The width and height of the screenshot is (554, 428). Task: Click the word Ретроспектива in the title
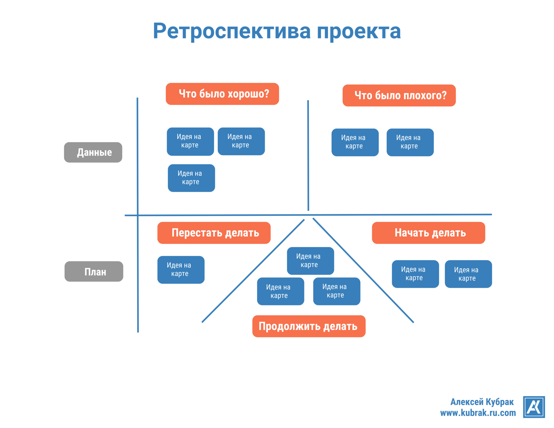pyautogui.click(x=231, y=31)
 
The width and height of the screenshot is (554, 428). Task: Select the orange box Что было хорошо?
pyautogui.click(x=222, y=94)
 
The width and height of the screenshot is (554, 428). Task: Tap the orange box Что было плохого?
pyautogui.click(x=399, y=96)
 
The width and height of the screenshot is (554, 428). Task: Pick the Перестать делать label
pyautogui.click(x=214, y=233)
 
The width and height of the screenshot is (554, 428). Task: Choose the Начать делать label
pyautogui.click(x=428, y=233)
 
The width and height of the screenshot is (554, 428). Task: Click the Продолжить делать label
pyautogui.click(x=309, y=326)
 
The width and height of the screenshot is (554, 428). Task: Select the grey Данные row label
pyautogui.click(x=93, y=152)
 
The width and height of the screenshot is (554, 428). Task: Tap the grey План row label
pyautogui.click(x=94, y=271)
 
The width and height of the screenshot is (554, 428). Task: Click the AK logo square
pyautogui.click(x=534, y=407)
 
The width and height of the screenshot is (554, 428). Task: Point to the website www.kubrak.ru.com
pyautogui.click(x=478, y=413)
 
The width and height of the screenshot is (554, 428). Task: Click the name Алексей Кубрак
pyautogui.click(x=482, y=402)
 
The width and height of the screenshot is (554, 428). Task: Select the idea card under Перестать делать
pyautogui.click(x=181, y=270)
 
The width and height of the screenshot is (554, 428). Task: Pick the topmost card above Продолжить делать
pyautogui.click(x=310, y=261)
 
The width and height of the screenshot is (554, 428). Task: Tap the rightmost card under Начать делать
pyautogui.click(x=468, y=274)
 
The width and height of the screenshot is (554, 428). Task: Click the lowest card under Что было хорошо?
pyautogui.click(x=191, y=178)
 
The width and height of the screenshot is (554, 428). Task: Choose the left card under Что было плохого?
pyautogui.click(x=355, y=142)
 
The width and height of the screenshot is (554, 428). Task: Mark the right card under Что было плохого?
pyautogui.click(x=410, y=142)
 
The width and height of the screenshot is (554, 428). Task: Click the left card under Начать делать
pyautogui.click(x=415, y=274)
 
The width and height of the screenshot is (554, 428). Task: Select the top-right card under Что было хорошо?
pyautogui.click(x=241, y=141)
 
